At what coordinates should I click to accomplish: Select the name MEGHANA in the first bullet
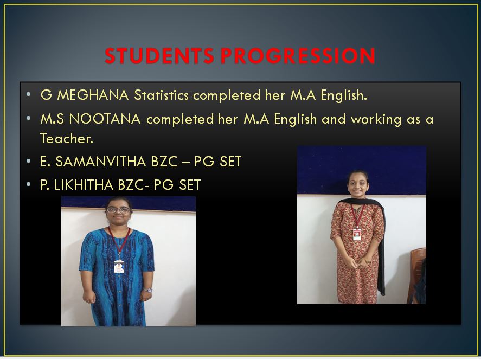93,95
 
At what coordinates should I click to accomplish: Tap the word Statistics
162,95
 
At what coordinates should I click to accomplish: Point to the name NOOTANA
105,119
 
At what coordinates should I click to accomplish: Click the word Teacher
67,139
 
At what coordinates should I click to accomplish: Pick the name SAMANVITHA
101,162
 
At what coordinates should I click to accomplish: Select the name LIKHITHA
84,185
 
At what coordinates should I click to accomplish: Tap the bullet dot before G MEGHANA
29,94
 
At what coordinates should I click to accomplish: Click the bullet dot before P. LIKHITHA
29,184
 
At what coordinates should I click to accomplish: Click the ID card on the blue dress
119,266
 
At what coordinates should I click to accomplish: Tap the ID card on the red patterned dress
357,234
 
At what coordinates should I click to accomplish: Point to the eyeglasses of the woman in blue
119,210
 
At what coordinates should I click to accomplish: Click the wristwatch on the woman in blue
148,290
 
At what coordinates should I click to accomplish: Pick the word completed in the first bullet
227,95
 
